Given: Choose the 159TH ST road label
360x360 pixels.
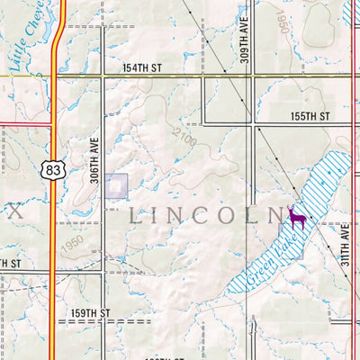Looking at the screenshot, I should pos(90,313).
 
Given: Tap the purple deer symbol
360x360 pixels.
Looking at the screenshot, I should pos(297,218).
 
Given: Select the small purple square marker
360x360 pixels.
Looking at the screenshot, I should pos(116,185).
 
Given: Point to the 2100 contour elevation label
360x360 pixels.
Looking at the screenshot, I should pos(188,136).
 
